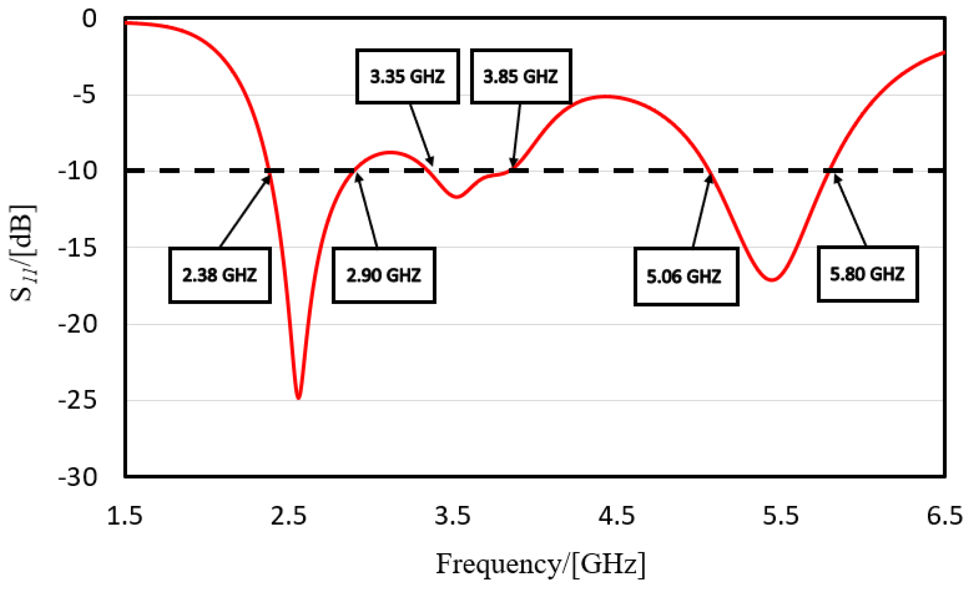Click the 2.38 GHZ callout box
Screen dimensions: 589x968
click(x=220, y=275)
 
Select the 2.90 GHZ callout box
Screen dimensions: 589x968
click(x=384, y=275)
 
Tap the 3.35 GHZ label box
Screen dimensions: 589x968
click(x=407, y=76)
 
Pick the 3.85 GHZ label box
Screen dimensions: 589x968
click(x=521, y=76)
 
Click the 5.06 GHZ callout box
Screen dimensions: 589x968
click(x=686, y=276)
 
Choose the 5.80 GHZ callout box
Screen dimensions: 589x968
click(x=867, y=274)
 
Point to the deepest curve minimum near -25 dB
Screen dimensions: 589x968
click(x=298, y=398)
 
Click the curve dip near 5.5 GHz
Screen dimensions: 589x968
click(x=771, y=279)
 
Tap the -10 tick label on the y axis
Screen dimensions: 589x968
click(x=77, y=171)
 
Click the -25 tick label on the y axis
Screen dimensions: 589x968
click(x=77, y=401)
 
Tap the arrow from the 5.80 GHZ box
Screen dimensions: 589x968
click(x=850, y=210)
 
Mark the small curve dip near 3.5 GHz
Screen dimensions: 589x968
click(x=457, y=197)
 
